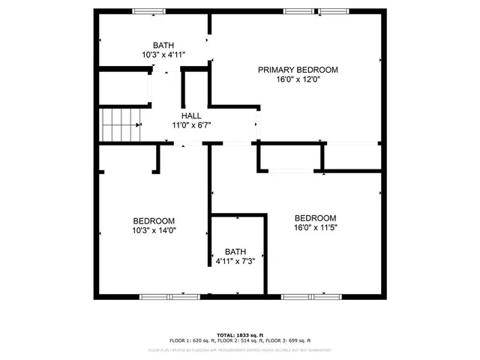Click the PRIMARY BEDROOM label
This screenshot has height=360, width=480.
(298, 70)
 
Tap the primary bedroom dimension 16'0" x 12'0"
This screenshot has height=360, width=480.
(298, 80)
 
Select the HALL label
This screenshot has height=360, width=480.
(190, 115)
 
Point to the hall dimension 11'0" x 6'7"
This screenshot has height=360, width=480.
(190, 125)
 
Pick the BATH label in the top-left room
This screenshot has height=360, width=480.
(163, 45)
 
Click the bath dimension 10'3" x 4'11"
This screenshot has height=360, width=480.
(163, 55)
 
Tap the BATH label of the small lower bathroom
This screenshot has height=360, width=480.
(235, 252)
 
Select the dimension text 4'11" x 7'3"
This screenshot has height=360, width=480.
(235, 262)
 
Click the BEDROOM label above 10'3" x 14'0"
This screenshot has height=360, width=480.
(154, 220)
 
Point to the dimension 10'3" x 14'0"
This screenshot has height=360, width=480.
(154, 230)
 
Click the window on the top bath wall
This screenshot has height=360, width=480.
(149, 11)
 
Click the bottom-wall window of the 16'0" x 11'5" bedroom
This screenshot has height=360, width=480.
(309, 297)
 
